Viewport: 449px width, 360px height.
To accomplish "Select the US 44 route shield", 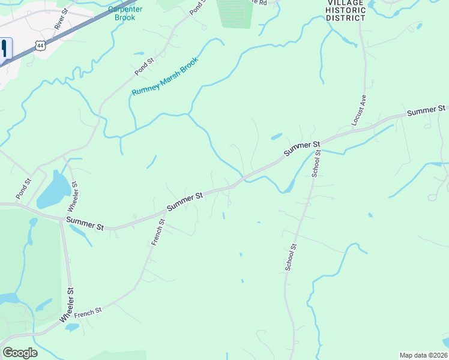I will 40,46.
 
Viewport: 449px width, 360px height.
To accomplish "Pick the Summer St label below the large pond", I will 85,224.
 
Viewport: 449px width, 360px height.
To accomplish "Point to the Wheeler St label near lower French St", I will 67,307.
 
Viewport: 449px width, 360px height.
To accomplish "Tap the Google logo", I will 20,353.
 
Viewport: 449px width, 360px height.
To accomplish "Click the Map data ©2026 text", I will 423,355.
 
